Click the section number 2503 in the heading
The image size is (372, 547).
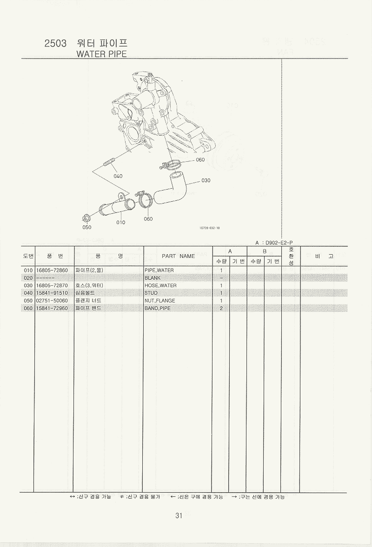(x=56, y=44)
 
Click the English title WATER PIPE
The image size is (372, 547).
(x=102, y=54)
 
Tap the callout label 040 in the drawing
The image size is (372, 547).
(x=118, y=176)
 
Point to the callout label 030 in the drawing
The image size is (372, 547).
(x=206, y=180)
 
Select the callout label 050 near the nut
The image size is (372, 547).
(x=87, y=227)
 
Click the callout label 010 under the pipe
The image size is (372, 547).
(x=121, y=222)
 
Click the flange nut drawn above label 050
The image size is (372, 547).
(x=86, y=217)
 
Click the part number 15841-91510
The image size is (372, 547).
(x=52, y=293)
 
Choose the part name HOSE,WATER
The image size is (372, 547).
(x=160, y=285)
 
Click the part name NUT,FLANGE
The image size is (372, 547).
(x=160, y=301)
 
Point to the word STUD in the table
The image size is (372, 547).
(x=151, y=293)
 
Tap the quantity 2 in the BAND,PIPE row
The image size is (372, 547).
(x=221, y=308)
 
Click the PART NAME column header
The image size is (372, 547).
(x=178, y=256)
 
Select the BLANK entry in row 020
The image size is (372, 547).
(x=153, y=278)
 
